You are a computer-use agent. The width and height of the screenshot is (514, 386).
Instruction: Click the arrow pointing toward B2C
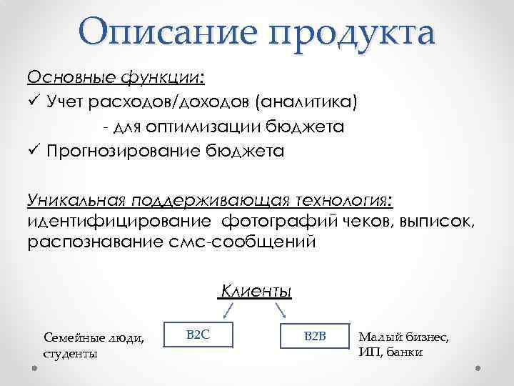pyautogui.click(x=228, y=310)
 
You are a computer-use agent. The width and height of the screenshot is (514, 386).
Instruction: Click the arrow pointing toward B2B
pyautogui.click(x=281, y=310)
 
